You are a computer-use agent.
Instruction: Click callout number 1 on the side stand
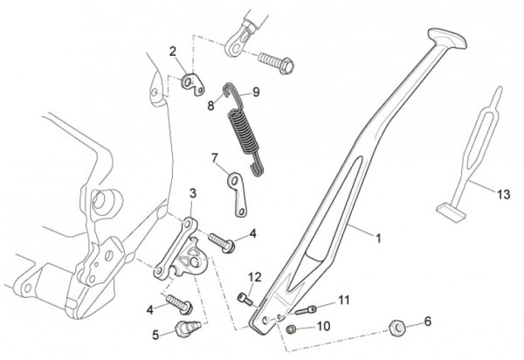379,236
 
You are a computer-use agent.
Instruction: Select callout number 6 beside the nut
428,322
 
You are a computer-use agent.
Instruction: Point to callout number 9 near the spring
256,92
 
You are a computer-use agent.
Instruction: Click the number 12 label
254,278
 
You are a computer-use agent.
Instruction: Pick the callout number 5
156,333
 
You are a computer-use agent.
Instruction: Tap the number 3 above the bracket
193,192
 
